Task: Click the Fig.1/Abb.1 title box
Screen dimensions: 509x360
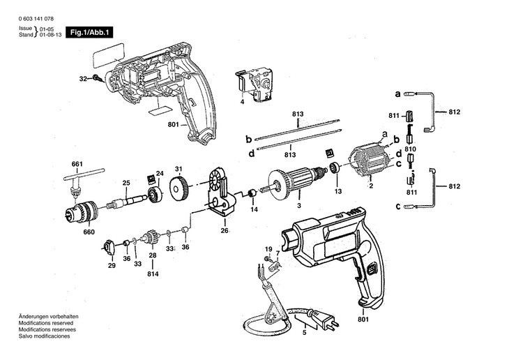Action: [x=89, y=33]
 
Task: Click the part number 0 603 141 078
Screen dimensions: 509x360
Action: [x=36, y=19]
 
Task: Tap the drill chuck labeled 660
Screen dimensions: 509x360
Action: [x=81, y=212]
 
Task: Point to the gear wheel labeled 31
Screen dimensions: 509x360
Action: [x=179, y=188]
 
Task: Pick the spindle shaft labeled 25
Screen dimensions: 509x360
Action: [x=127, y=202]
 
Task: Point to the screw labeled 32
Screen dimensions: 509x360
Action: [x=97, y=78]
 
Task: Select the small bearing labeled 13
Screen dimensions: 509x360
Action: [x=335, y=168]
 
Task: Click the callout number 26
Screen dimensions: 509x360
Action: [x=225, y=231]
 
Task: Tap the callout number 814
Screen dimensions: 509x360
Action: [x=153, y=274]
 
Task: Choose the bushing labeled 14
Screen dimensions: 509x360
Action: [x=252, y=193]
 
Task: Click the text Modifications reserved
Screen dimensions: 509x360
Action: [x=46, y=323]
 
